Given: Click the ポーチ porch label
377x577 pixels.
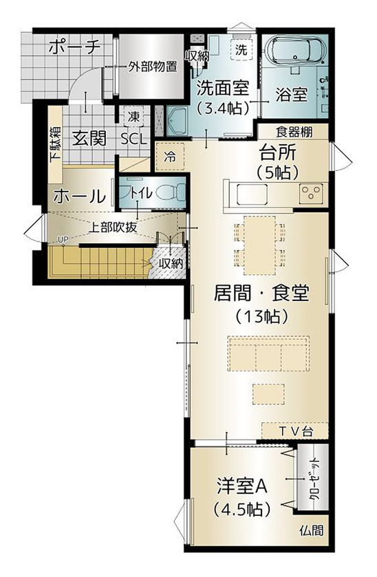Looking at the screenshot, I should (x=75, y=47).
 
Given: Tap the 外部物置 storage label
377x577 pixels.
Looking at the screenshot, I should (x=152, y=67).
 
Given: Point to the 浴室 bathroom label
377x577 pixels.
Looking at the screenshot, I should (x=290, y=93).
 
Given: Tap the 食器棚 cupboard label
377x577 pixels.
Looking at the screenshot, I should (x=292, y=131).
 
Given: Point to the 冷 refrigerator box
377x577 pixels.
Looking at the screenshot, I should (x=169, y=157).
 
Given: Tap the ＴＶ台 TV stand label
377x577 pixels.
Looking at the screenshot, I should (x=296, y=431).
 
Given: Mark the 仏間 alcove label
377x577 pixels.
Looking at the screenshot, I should (x=310, y=531).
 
